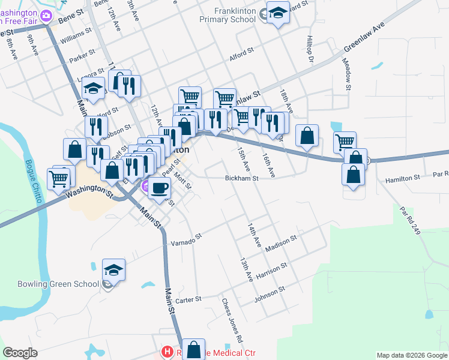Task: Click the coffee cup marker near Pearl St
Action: coord(159,188)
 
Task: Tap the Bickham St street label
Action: coord(241,178)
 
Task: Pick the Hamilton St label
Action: coord(403,178)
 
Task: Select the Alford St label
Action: coord(242,55)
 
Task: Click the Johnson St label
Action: coord(269,293)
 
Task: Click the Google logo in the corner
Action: coord(20,353)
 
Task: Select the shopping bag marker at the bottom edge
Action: coord(194,349)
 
